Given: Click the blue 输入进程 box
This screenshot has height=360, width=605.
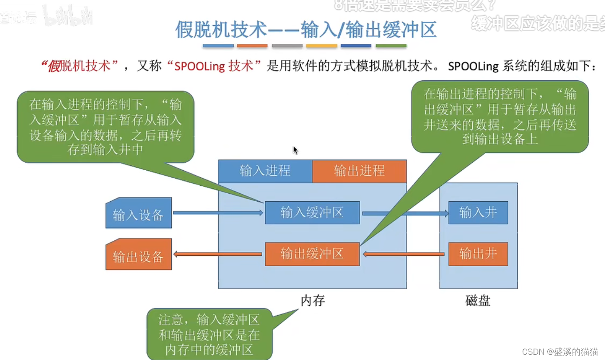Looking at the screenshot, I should [265, 171].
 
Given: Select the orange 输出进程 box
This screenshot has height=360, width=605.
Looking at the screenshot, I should [359, 171].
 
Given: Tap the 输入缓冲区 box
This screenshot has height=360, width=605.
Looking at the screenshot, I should [312, 212].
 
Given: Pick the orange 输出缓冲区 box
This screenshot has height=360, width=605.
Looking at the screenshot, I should [312, 254].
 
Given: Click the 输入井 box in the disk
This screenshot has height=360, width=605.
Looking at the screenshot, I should [478, 212].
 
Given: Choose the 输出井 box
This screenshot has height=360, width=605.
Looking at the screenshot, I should [478, 254].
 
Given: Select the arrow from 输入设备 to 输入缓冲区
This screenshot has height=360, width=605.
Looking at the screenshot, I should [217, 213].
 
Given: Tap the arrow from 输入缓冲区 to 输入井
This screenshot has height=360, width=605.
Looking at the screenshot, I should [405, 213].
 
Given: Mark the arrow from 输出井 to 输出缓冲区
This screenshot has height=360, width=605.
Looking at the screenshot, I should [404, 254].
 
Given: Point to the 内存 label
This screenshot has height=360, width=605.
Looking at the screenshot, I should [313, 301].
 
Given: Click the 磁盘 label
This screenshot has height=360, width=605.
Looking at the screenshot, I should [478, 301].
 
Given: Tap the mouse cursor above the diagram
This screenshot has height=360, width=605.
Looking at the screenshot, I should [295, 150].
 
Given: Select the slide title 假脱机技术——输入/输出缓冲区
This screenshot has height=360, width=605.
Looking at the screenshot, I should [306, 30].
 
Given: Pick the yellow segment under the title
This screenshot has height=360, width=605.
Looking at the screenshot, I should [322, 46].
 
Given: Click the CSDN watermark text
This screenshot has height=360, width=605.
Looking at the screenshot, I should [560, 351].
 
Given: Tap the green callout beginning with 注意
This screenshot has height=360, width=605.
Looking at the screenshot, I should [209, 334].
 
